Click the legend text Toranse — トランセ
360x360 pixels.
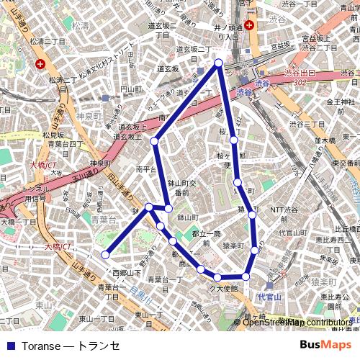tap(71, 345)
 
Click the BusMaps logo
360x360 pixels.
tap(325, 345)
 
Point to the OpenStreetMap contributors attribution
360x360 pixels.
tap(297, 323)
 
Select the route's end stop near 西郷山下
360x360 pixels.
tap(105, 254)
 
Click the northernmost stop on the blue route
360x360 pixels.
tap(219, 63)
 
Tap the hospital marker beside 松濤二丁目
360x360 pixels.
tap(39, 63)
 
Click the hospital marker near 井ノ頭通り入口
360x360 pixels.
tap(249, 25)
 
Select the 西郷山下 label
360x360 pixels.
tap(127, 273)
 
